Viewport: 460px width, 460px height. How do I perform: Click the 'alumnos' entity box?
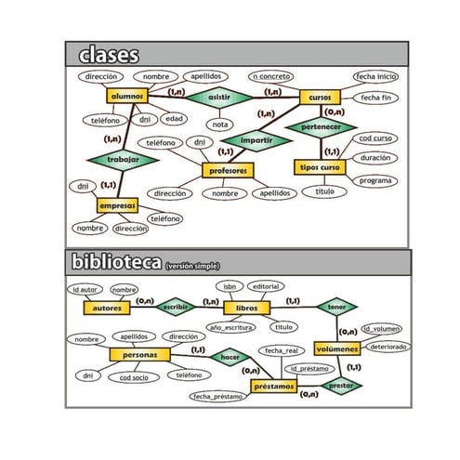(127, 96)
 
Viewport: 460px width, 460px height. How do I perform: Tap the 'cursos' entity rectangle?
(320, 96)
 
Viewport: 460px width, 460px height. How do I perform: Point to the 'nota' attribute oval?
(219, 124)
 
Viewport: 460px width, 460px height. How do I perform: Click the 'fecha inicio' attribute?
(377, 77)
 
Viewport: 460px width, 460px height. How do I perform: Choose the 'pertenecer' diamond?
(321, 126)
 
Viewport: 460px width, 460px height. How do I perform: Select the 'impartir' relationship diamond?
(256, 141)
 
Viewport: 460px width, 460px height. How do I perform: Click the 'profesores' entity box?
(228, 171)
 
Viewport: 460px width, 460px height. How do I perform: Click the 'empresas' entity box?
(117, 204)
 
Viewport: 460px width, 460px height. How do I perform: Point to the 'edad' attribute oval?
(173, 119)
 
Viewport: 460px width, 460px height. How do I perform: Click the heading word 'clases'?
(109, 54)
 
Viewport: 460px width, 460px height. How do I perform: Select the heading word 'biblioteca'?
(116, 263)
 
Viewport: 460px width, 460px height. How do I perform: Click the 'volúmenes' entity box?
(335, 348)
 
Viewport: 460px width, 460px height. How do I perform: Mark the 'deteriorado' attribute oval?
(387, 346)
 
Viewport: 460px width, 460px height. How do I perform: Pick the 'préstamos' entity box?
(274, 385)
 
